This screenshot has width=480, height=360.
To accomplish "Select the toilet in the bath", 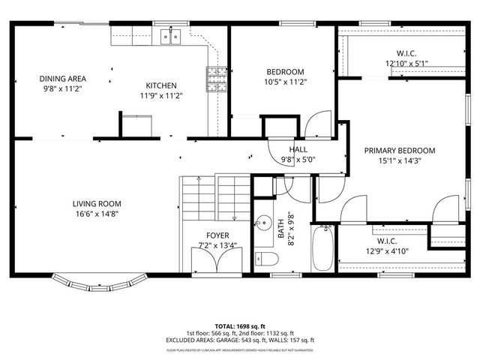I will pos(268,259).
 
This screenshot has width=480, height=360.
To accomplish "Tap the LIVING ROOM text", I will pos(97,203).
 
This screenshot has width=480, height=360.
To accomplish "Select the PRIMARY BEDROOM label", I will pos(399,150).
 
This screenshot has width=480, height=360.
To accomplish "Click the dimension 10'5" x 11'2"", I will pos(285,82).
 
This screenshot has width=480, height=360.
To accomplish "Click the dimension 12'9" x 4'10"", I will pos(386,251).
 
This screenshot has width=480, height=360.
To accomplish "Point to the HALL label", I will pos(298,149).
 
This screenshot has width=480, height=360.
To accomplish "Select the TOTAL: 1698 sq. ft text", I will pos(240,327).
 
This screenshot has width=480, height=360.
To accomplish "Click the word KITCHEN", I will pos(161,85).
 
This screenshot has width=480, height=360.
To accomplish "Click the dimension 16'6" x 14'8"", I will pos(97,214).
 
